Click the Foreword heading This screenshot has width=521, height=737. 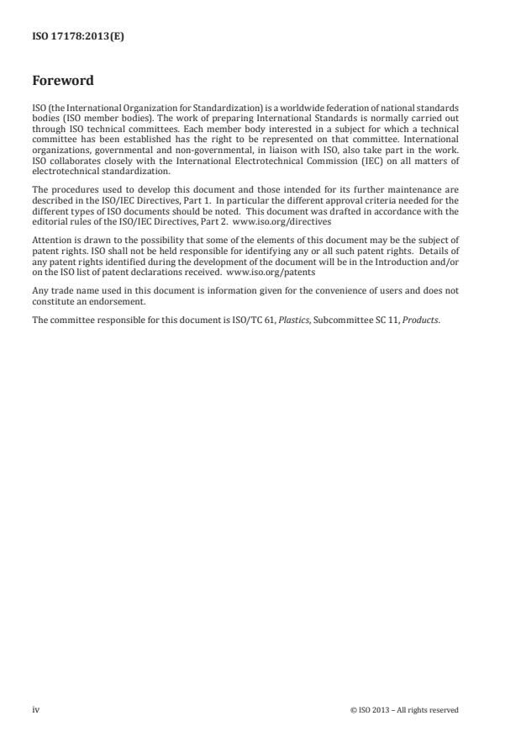pyautogui.click(x=62, y=82)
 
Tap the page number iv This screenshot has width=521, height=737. pyautogui.click(x=36, y=709)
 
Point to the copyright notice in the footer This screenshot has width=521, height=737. pyautogui.click(x=404, y=710)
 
